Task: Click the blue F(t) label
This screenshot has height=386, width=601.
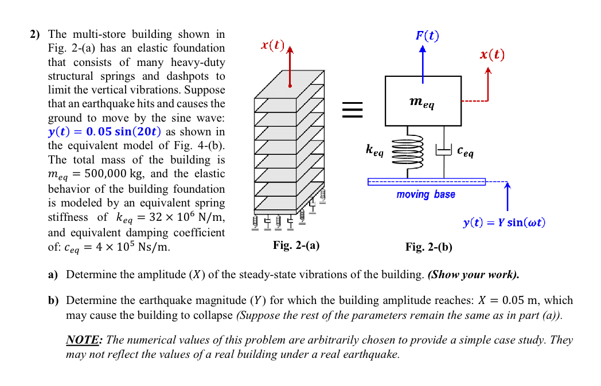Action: (x=427, y=36)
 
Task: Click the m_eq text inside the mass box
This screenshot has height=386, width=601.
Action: (x=423, y=102)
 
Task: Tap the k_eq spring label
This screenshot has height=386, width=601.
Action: (x=374, y=151)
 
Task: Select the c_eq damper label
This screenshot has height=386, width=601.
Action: (x=466, y=151)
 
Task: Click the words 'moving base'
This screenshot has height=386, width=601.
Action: (x=426, y=194)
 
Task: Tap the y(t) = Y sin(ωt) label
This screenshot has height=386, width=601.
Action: (x=504, y=222)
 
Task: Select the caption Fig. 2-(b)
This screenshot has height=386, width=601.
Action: (x=428, y=247)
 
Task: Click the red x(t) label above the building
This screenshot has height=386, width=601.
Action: (x=272, y=45)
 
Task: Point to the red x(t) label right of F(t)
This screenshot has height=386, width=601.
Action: (x=492, y=54)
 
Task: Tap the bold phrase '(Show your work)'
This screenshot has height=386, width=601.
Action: (x=474, y=274)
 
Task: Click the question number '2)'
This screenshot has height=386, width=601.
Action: (x=35, y=35)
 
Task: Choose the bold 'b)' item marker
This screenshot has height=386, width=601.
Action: (x=53, y=301)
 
